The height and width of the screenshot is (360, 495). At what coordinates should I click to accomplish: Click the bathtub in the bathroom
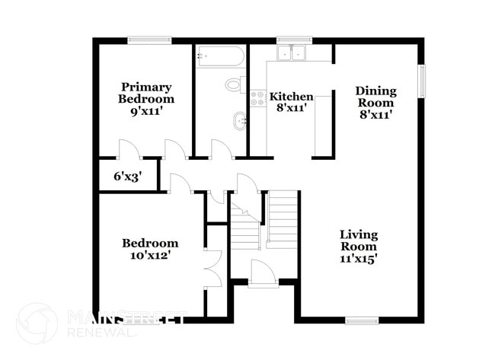tap(220, 56)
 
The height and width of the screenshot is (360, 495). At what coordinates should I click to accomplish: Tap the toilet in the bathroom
tap(235, 84)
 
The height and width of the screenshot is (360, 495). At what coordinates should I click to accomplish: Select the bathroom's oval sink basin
tap(239, 119)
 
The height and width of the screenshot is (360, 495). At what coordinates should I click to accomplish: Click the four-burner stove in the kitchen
tap(257, 98)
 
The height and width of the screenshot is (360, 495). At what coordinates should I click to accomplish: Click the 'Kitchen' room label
tap(292, 97)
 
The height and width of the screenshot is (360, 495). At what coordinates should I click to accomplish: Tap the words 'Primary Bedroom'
tap(145, 93)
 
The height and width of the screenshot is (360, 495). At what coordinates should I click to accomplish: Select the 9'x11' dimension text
tap(145, 111)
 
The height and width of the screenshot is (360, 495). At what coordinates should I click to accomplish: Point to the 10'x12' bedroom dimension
tap(150, 256)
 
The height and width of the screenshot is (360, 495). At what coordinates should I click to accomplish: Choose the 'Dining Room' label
tap(375, 97)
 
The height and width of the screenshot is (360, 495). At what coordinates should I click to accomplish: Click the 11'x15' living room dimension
tap(358, 259)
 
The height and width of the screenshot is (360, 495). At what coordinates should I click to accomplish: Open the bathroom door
tap(222, 149)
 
